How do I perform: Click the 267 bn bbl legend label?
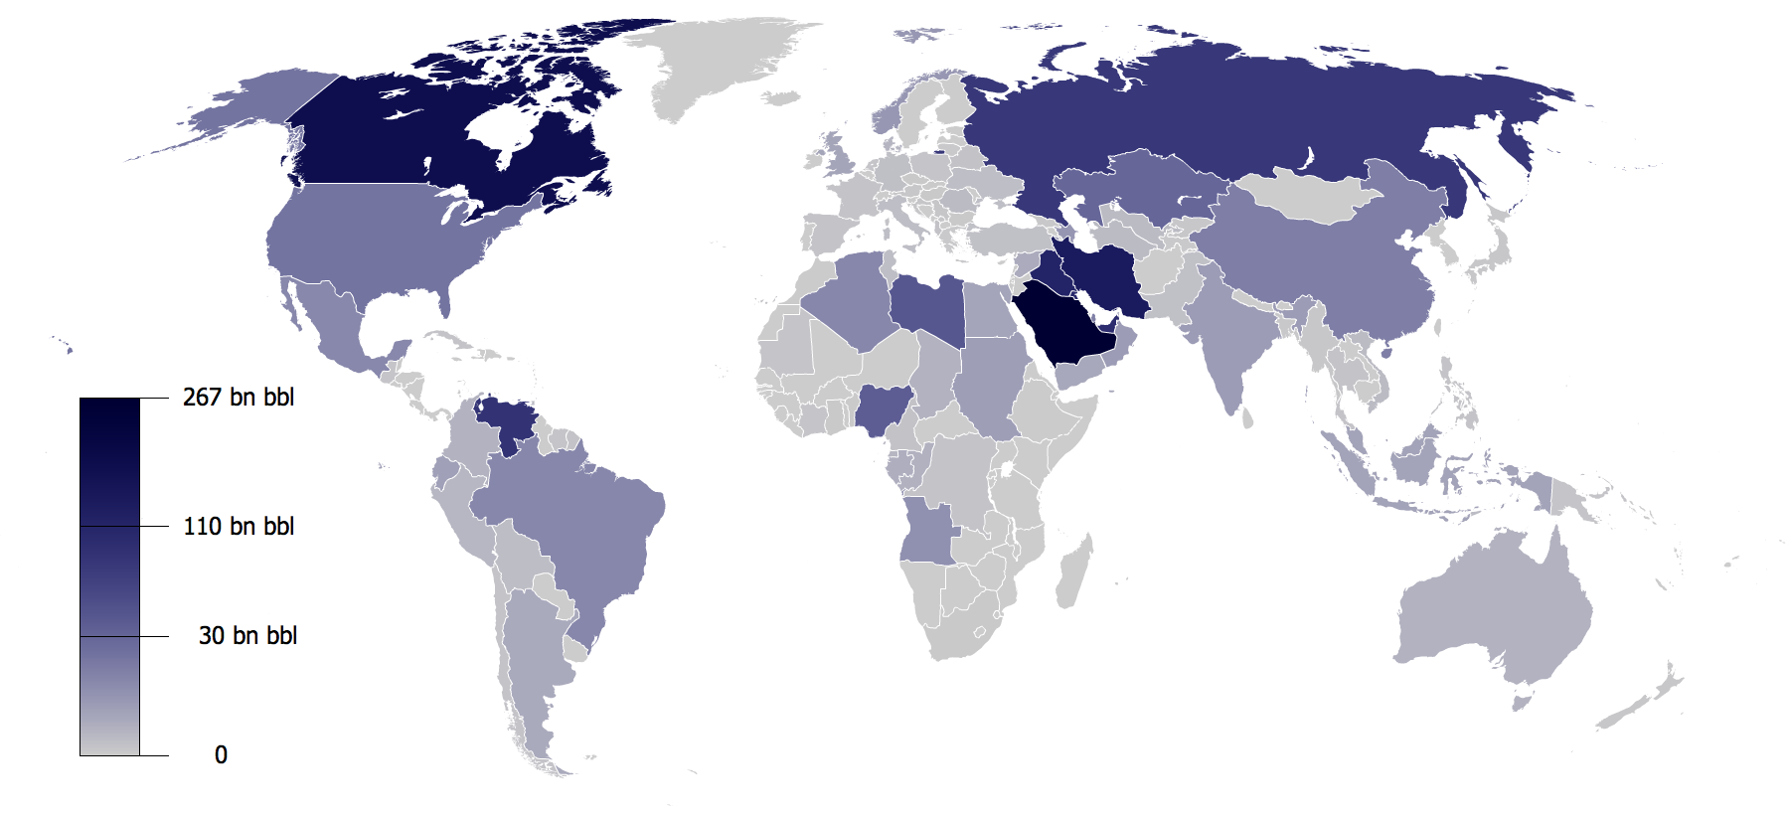pos(239,398)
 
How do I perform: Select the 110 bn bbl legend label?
pos(239,527)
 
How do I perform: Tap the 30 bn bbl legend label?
pos(247,636)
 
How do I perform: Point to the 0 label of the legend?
pos(221,755)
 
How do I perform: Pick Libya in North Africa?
pos(929,308)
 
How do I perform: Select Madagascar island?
pos(1073,571)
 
